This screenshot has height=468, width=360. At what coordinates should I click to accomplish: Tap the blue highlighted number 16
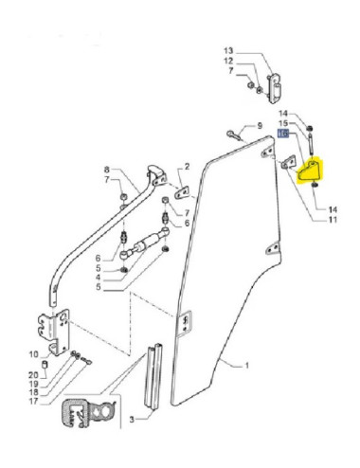pos(282,135)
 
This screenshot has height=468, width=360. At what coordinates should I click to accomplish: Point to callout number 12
pos(228,61)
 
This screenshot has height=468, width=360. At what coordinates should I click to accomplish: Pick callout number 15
pos(282,124)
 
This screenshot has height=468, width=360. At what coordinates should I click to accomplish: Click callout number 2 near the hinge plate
pos(187,166)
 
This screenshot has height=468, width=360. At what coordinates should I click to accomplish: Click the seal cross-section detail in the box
pos(89,414)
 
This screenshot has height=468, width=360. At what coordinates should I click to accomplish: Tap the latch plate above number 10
pos(51,328)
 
